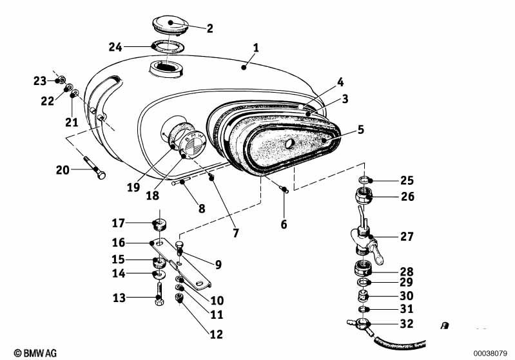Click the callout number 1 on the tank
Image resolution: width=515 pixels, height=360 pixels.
pos(256,48)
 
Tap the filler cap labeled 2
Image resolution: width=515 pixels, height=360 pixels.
pos(170,26)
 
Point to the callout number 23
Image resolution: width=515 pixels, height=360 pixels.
pos(40,81)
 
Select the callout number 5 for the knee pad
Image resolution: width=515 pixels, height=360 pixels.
pos(361,129)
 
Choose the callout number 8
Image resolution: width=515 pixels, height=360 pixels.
pos(201,208)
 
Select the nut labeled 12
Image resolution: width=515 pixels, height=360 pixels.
pos(181,297)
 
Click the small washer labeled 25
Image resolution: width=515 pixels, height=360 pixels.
pos(364,180)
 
